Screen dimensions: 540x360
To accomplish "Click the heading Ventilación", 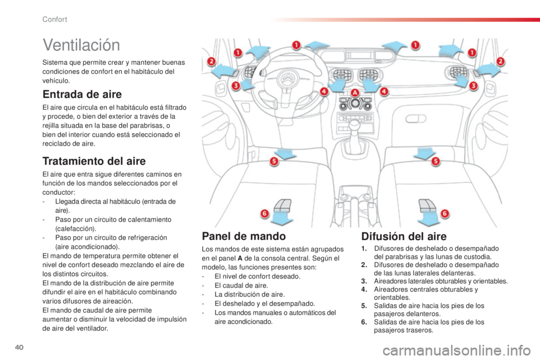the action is click(x=81, y=45).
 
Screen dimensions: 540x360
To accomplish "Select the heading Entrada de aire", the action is click(x=82, y=94).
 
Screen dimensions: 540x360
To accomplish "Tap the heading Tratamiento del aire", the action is click(x=94, y=161).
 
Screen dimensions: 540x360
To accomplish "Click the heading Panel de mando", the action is click(x=244, y=236).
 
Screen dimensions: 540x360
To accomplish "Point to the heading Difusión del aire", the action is click(x=404, y=236).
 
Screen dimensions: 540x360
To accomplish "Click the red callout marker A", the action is click(x=355, y=92).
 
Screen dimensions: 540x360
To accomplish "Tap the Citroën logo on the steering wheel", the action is click(x=287, y=76).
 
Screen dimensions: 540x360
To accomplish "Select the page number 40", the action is click(x=19, y=347).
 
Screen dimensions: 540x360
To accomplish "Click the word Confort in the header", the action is click(x=55, y=19).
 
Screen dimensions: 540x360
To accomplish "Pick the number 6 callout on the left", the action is click(x=264, y=214).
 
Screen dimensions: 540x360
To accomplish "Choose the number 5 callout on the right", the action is click(x=435, y=161).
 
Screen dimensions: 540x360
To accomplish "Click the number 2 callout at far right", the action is click(x=501, y=62).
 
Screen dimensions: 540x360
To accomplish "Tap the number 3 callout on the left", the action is click(x=236, y=85).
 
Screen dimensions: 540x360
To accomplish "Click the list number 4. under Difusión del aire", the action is click(x=364, y=289).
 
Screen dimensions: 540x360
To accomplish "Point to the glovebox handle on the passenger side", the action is click(x=416, y=119).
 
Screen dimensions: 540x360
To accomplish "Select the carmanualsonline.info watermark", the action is click(x=457, y=350).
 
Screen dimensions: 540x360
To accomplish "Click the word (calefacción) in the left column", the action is click(x=76, y=229).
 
